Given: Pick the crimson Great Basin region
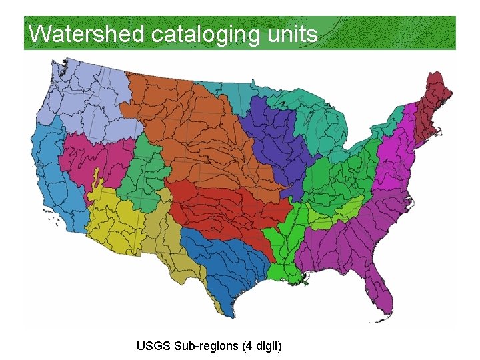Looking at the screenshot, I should pyautogui.click(x=93, y=160).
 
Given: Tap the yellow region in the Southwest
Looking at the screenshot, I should pyautogui.click(x=113, y=220).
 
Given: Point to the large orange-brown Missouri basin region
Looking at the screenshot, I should pyautogui.click(x=193, y=127).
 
